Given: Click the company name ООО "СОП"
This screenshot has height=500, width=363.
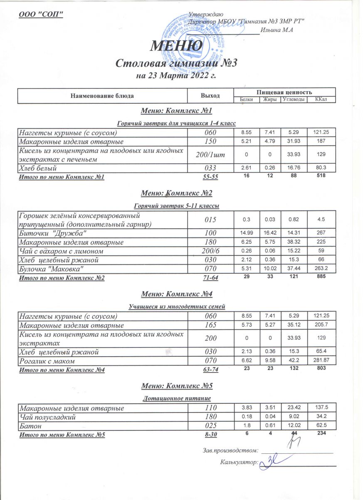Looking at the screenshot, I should pyautogui.click(x=42, y=14).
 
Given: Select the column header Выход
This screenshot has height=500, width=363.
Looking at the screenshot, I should pyautogui.click(x=210, y=96).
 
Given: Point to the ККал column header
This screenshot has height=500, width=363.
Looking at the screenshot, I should pyautogui.click(x=321, y=100).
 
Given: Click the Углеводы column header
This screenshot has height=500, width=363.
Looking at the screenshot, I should pyautogui.click(x=295, y=100).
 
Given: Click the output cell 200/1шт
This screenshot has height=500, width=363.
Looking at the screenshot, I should pyautogui.click(x=210, y=155).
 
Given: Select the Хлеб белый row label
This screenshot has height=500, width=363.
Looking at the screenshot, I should pyautogui.click(x=43, y=168).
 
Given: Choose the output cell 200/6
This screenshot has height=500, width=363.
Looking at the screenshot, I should pyautogui.click(x=210, y=251).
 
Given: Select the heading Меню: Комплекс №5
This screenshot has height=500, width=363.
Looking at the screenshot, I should pyautogui.click(x=177, y=386).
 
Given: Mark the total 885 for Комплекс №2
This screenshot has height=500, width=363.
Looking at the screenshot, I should pyautogui.click(x=321, y=277).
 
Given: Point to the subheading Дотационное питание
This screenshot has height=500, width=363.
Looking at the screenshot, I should pyautogui.click(x=178, y=399).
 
